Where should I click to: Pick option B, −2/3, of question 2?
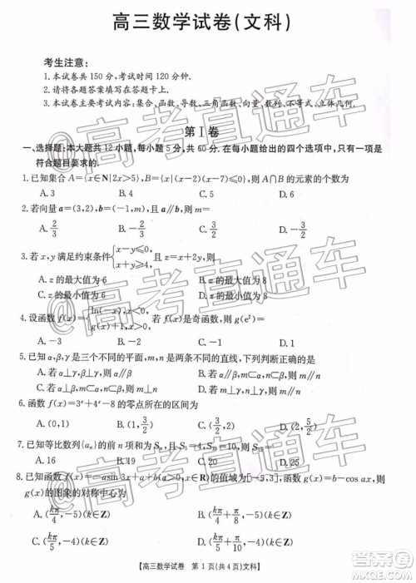pyautogui.click(x=133, y=229)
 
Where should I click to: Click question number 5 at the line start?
pyautogui.click(x=21, y=358)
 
